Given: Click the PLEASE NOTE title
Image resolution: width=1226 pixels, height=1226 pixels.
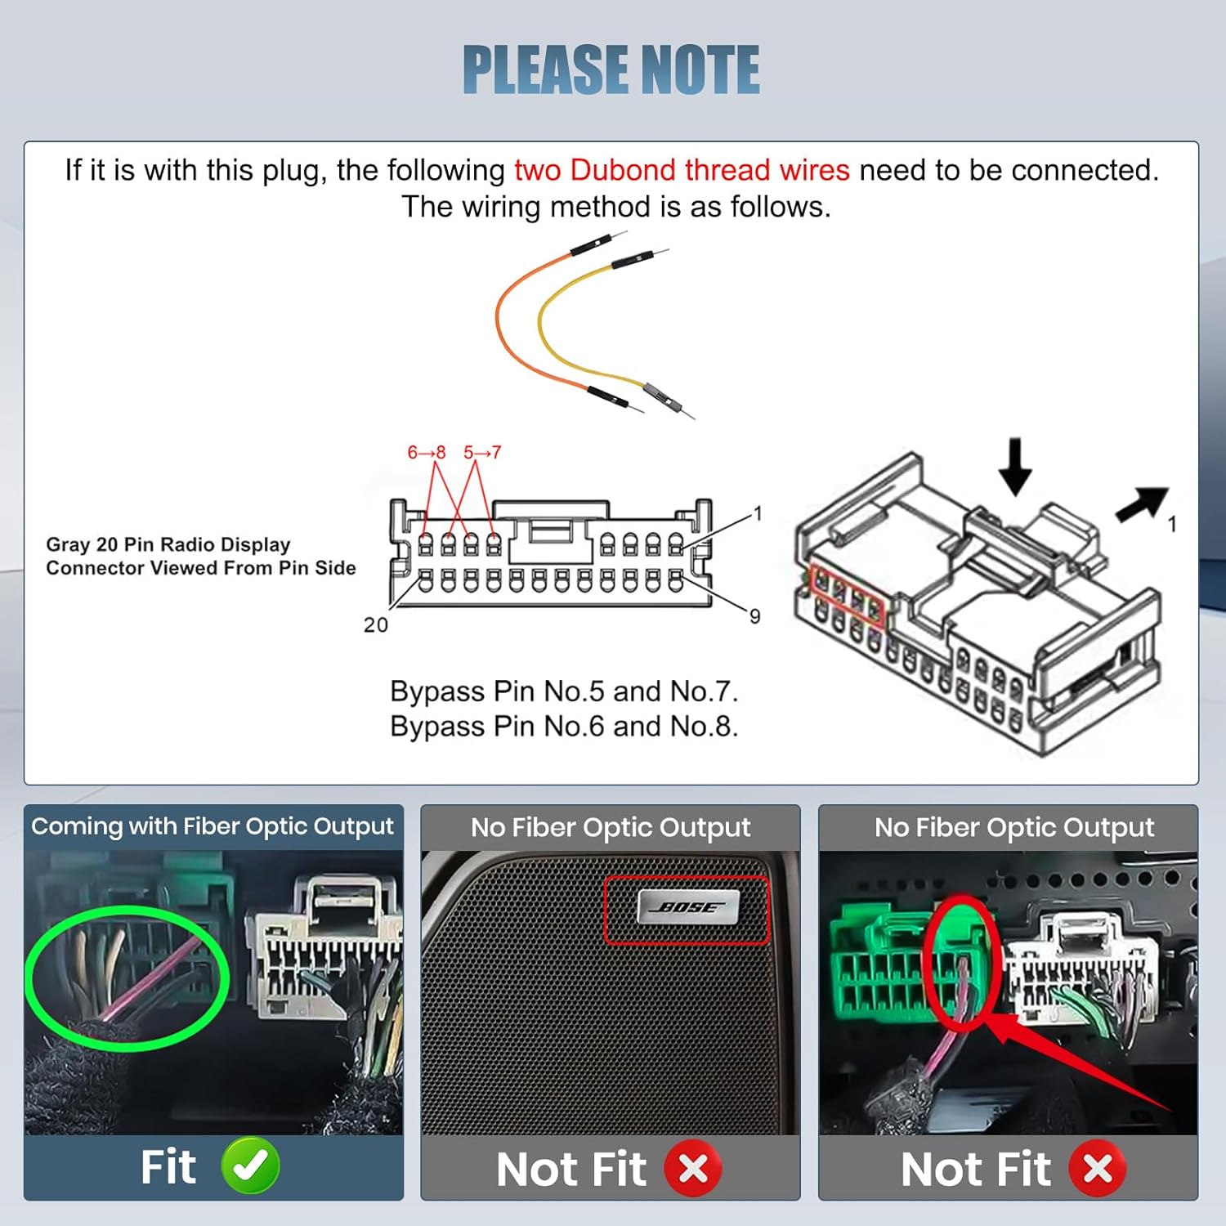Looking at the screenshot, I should tap(611, 69).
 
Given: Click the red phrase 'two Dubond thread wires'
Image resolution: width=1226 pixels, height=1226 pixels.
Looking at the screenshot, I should tap(682, 170).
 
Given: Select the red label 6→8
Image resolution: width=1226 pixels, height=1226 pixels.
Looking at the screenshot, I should tap(426, 452).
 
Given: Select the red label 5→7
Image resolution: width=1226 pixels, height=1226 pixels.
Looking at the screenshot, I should tap(482, 452).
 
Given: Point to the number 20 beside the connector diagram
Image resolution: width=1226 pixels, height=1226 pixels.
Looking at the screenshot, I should tap(375, 625).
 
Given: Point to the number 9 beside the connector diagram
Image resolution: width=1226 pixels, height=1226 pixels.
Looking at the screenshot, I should tap(754, 616).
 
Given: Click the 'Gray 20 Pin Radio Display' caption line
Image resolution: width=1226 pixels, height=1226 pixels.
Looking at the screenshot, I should tap(168, 544).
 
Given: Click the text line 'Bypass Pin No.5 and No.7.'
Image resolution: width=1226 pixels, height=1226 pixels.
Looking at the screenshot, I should tap(563, 691).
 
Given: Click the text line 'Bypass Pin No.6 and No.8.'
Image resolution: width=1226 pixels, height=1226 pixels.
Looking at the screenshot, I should tap(563, 726).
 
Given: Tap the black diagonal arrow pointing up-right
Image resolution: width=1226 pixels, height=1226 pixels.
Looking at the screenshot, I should tap(1143, 503).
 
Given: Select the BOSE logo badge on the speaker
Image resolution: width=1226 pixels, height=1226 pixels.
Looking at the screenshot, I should tap(687, 907).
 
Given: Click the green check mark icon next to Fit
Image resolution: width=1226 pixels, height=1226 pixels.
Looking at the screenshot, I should tap(250, 1166).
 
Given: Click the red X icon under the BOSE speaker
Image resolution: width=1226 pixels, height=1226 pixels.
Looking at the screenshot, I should tap(692, 1168).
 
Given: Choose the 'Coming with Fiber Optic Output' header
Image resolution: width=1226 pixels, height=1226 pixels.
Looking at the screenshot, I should tap(213, 826).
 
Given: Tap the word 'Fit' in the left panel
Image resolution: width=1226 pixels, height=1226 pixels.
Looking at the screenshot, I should tap(168, 1166).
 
